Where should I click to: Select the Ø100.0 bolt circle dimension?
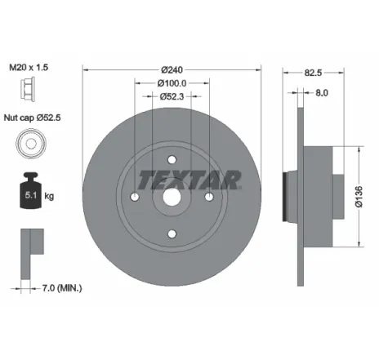172,82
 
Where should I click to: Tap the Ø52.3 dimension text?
172,98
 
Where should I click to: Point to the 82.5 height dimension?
310,72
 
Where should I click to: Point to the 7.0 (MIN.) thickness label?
62,288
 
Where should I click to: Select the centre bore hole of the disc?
172,198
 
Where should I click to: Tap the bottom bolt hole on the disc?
172,233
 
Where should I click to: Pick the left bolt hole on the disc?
135,198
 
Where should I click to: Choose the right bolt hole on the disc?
208,198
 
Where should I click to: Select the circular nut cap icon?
29,144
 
